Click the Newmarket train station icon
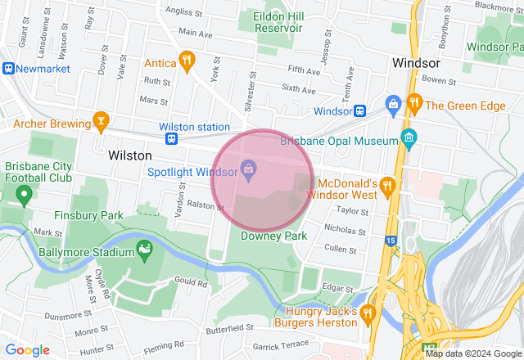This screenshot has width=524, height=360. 8,70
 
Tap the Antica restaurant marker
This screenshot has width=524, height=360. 187,60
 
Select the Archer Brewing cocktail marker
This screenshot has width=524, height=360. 102,122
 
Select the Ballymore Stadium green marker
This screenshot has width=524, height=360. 145,246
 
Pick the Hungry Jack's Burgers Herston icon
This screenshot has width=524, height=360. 367,312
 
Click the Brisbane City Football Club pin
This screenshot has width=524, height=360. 24,195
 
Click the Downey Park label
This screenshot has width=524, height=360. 273,236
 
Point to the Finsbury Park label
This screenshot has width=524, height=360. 88,216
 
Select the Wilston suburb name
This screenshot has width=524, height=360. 129,155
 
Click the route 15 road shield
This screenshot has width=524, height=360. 391,241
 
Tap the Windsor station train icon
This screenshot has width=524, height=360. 359,110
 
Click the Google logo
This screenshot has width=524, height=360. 28,350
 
